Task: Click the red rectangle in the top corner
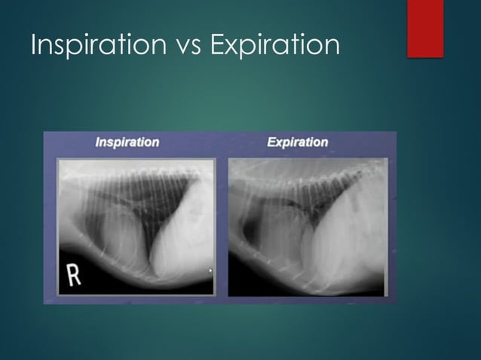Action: (424, 28)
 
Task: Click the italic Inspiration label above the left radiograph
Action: (127, 142)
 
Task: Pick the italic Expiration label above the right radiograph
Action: (298, 142)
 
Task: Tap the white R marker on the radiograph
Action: (75, 275)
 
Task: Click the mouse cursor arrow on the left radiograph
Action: (210, 270)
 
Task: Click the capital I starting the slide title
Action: (34, 45)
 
